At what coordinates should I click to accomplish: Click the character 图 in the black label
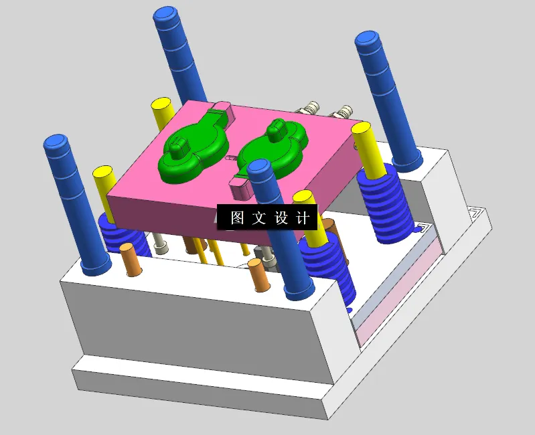[x=237, y=218]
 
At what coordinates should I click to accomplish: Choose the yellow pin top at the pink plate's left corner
[x=103, y=171]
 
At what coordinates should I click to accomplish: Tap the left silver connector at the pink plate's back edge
[x=311, y=108]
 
